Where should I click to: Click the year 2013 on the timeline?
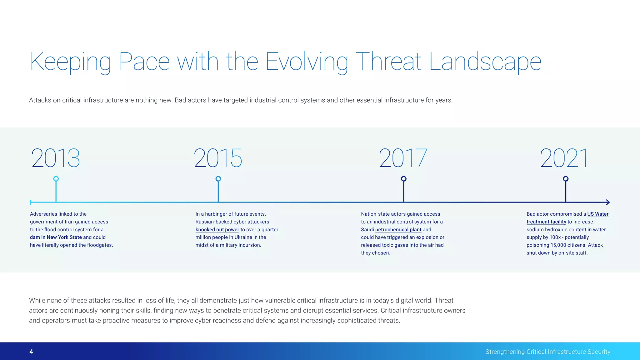pos(56,158)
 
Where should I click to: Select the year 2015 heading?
pos(218,158)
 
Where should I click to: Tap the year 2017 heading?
pos(403,158)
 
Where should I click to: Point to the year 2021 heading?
pos(564,158)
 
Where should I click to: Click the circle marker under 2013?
pos(56,179)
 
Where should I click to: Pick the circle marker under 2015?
pos(218,179)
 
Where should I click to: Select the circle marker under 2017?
pos(404,179)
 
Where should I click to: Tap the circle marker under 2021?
pos(566,179)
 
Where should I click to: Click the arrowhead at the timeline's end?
pos(607,202)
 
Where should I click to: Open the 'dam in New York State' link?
pos(56,237)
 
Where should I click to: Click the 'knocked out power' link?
pos(217,229)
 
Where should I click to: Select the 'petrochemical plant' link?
pos(398,229)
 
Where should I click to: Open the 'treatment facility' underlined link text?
pos(546,222)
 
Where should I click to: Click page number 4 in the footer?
pos(31,352)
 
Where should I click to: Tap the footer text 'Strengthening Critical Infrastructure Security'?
pos(548,352)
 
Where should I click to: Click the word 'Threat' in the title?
pos(388,62)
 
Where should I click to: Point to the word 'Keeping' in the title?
pos(70,62)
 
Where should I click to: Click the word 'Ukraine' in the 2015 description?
pos(243,237)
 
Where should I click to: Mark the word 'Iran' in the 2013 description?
pos(70,222)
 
